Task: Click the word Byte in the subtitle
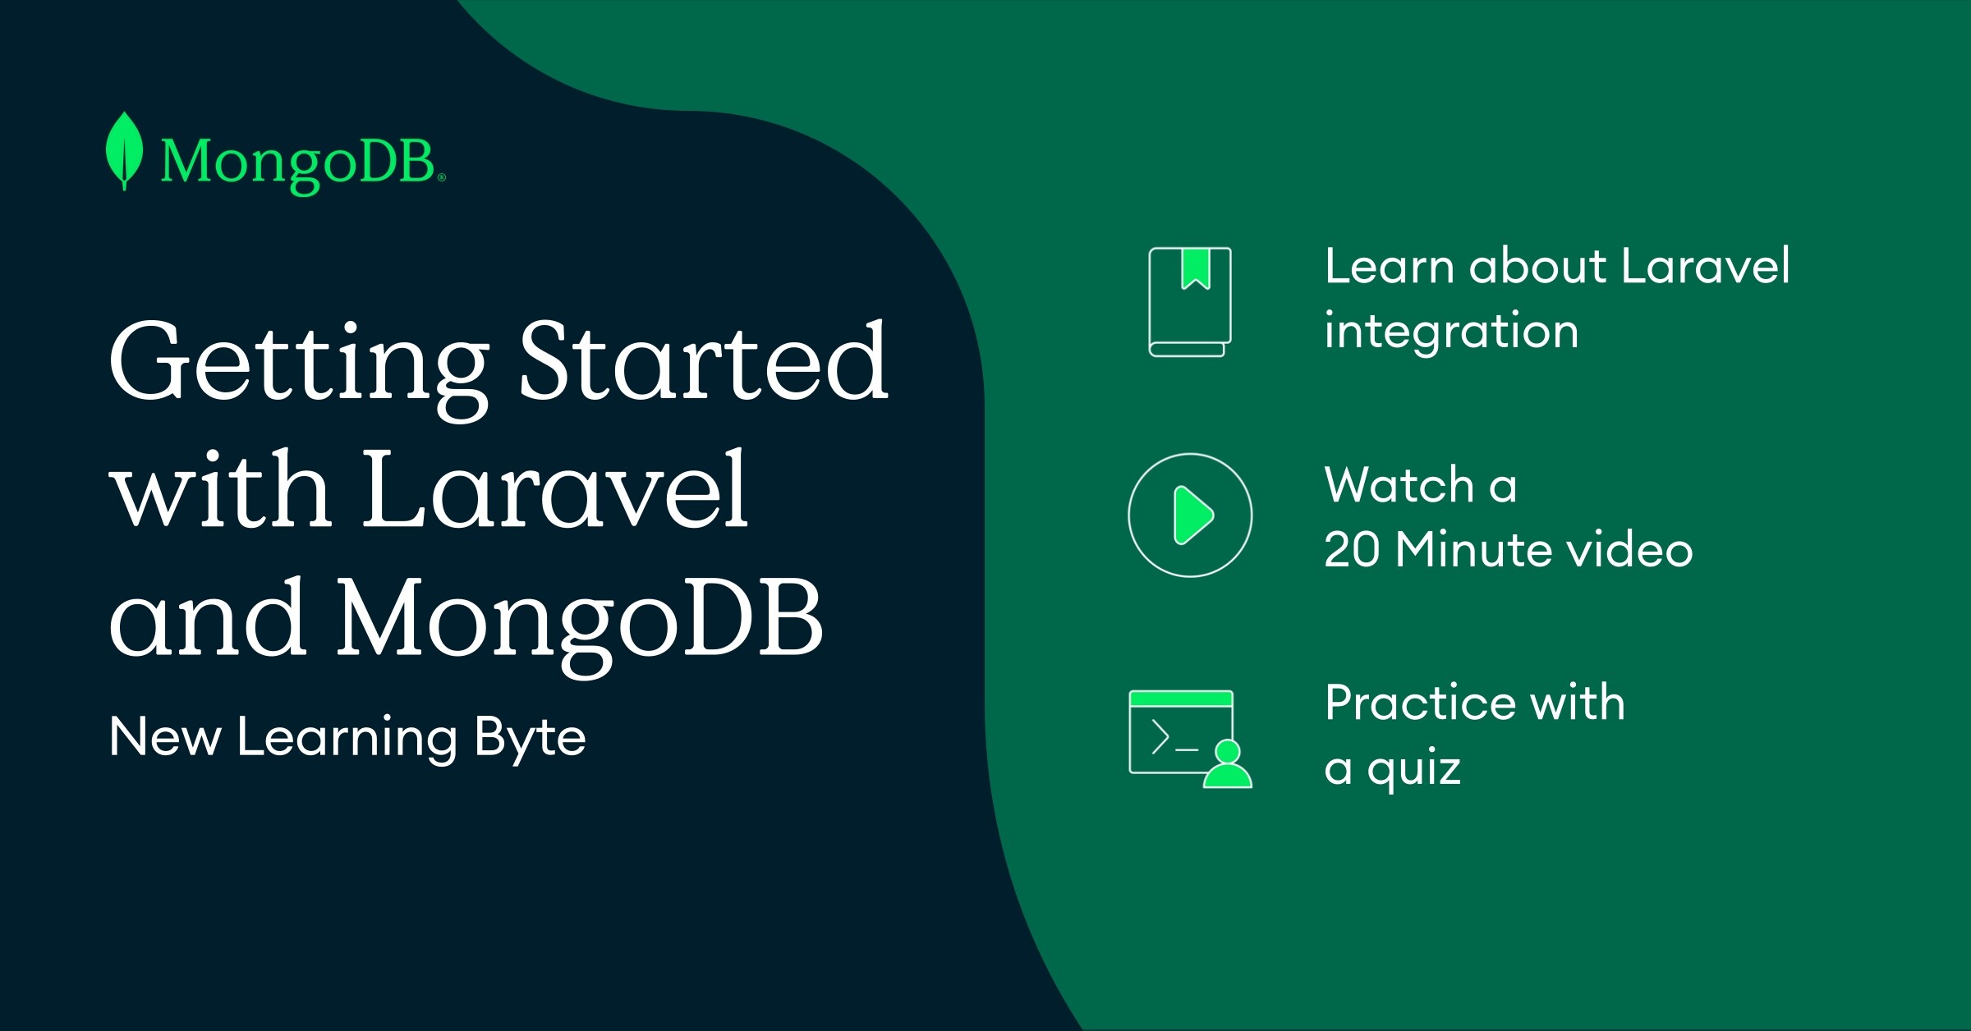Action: pos(531,739)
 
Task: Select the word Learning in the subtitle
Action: pos(347,739)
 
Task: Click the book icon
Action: pos(1190,302)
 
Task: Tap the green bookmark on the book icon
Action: pos(1196,268)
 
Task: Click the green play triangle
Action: pos(1193,515)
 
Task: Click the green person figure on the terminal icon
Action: pos(1228,764)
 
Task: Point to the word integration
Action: pos(1451,332)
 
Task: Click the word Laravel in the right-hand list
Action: pos(1706,266)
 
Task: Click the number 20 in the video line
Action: pos(1352,549)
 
